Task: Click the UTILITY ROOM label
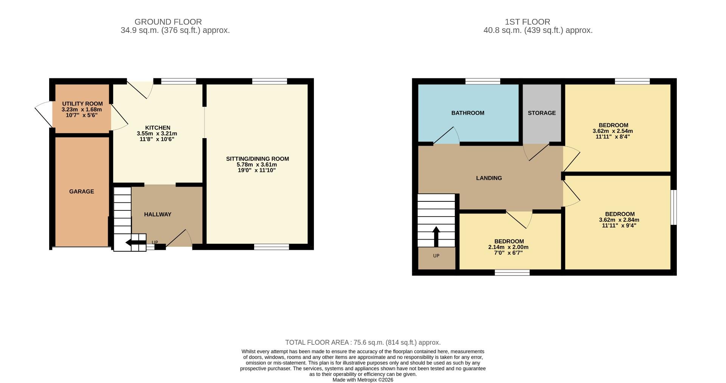[x=82, y=104]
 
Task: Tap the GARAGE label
[x=81, y=191]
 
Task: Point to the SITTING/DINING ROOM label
[x=257, y=159]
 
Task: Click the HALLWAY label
[x=158, y=214]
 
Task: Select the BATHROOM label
[x=468, y=113]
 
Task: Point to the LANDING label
[x=489, y=178]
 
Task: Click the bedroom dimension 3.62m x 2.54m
[x=613, y=131]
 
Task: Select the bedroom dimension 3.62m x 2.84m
[x=619, y=220]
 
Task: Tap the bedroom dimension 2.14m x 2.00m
[x=508, y=247]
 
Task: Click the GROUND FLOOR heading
[x=168, y=22]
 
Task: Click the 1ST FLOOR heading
[x=527, y=22]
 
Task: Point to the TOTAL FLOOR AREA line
[x=363, y=343]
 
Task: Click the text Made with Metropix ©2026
[x=363, y=380]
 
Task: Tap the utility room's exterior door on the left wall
[x=43, y=114]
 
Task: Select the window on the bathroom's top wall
[x=482, y=81]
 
